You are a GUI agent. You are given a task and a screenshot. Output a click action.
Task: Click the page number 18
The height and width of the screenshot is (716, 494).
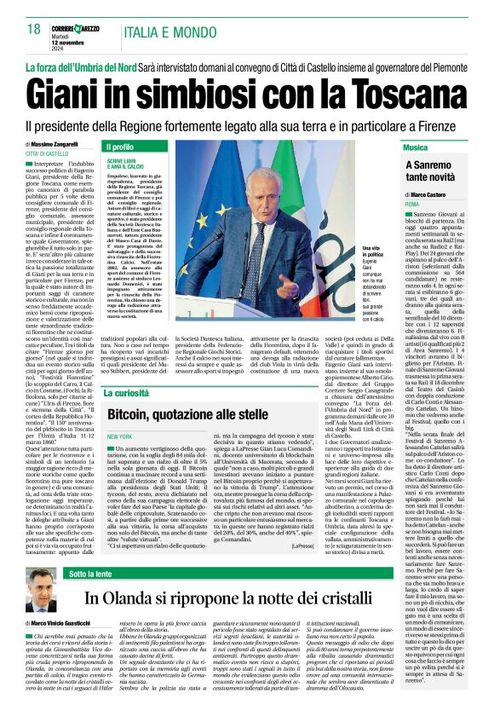[33, 30]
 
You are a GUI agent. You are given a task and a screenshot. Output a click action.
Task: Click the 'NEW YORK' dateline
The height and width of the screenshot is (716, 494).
[119, 436]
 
